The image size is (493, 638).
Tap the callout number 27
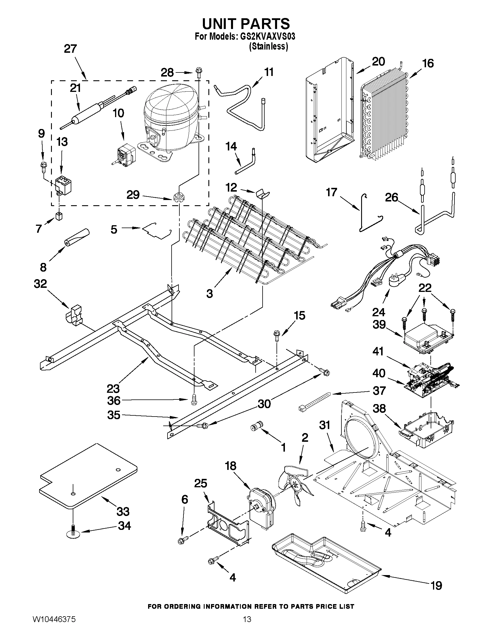(x=70, y=49)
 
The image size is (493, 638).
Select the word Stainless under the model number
(x=268, y=46)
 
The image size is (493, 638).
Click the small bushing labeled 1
(x=256, y=426)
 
